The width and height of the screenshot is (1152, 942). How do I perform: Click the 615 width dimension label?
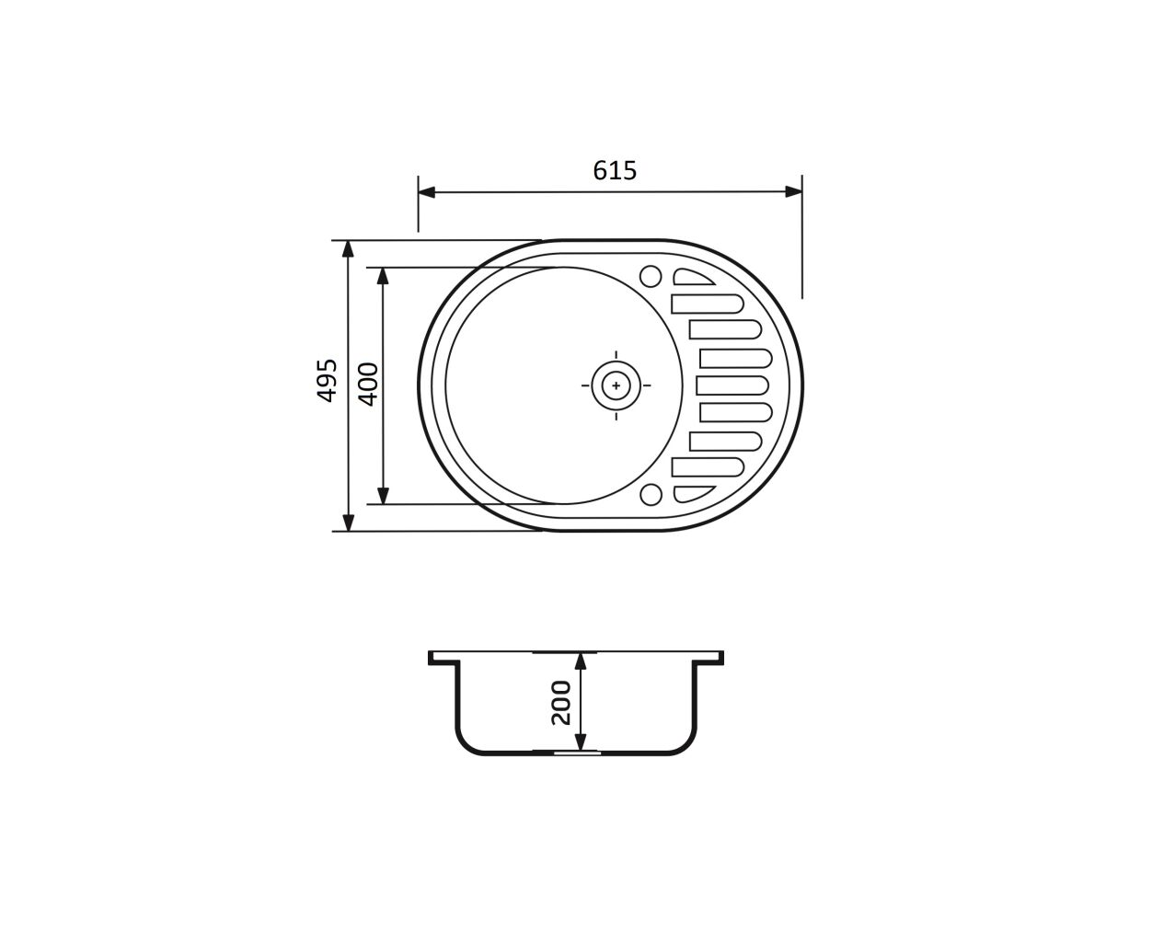coord(615,170)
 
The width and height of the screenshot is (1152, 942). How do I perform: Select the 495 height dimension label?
coord(328,381)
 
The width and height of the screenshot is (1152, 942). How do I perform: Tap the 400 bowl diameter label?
coord(368,385)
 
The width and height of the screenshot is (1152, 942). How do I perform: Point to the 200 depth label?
coord(561,703)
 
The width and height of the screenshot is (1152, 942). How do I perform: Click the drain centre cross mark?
coord(616,385)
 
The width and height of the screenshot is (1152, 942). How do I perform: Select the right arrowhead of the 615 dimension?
coord(794,191)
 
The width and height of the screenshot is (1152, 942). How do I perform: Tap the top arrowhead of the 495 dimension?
coord(348,249)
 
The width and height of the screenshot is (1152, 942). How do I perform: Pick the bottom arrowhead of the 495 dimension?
coord(348,523)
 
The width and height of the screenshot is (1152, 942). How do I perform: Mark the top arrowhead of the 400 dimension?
coord(383,276)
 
